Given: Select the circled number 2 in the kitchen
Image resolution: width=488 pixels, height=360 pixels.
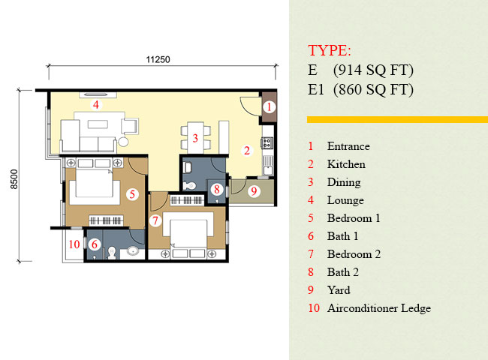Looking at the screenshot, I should (x=246, y=150).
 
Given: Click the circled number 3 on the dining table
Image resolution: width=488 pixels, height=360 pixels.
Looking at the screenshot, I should (x=194, y=138).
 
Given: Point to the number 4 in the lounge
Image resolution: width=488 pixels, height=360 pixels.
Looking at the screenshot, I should (x=95, y=105).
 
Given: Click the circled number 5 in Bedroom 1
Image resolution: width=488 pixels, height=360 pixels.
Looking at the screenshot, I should (x=132, y=193).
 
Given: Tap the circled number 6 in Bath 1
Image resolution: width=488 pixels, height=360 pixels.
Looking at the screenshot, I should (x=95, y=244).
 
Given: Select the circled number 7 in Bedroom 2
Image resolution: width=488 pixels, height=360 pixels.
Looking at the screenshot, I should (x=155, y=220).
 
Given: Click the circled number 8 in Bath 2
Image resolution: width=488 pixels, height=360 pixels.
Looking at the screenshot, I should (x=215, y=190).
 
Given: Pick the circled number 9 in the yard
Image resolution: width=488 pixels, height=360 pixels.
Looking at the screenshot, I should (x=253, y=191).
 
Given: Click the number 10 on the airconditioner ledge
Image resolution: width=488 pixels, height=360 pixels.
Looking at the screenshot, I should (x=74, y=244).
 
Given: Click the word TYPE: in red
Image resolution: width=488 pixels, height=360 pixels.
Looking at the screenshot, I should (x=330, y=51).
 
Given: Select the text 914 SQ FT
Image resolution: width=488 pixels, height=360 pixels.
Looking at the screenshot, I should (x=374, y=71).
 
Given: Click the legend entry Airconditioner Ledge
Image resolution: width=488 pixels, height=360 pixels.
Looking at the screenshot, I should (x=378, y=308).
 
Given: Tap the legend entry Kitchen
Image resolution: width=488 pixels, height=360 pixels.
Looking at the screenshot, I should (x=346, y=164).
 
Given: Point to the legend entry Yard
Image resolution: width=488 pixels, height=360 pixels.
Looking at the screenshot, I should (x=339, y=290).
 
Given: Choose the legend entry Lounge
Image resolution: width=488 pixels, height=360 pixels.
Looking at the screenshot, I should (x=345, y=200).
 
